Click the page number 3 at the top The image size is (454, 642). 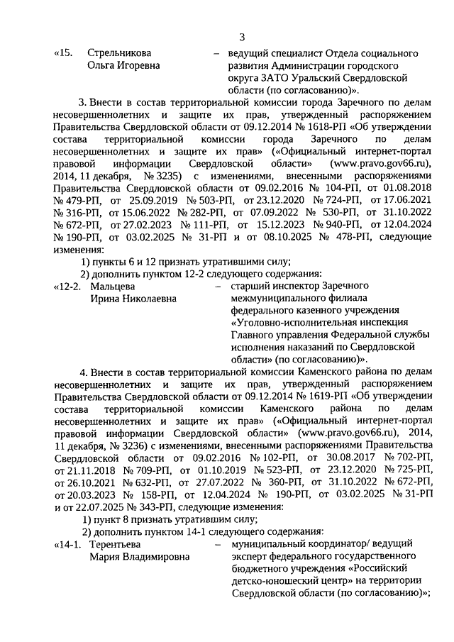(242, 38)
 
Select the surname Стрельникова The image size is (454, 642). (119, 53)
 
